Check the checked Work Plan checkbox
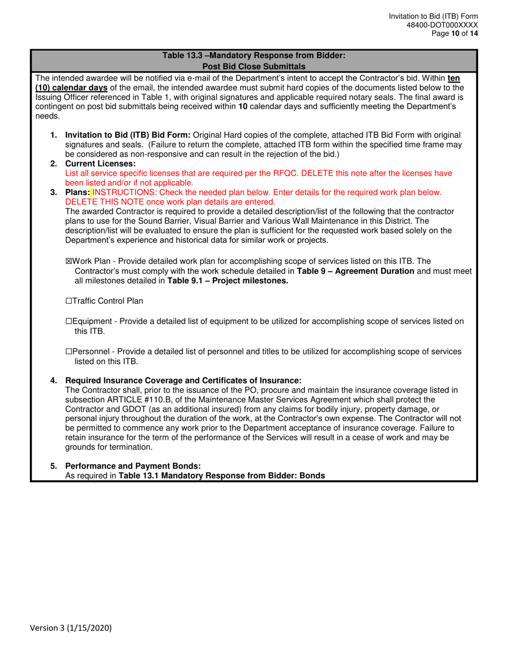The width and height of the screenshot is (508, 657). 68,261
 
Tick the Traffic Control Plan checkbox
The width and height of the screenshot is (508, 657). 68,301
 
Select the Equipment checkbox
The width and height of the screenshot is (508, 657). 68,321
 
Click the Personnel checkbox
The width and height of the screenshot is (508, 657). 68,351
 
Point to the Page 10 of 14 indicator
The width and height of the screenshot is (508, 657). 455,33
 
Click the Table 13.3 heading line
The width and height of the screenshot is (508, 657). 254,54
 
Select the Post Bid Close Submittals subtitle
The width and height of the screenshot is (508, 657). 254,66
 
